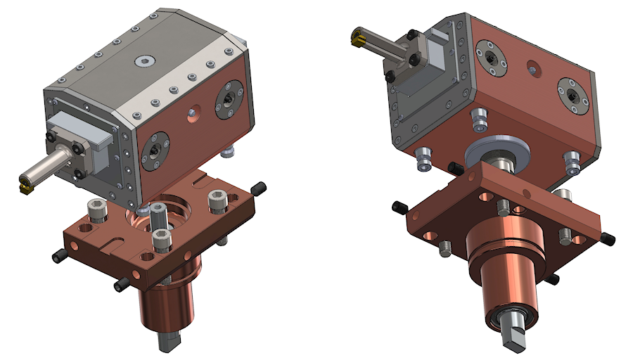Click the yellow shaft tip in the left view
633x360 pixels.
(x=24, y=186)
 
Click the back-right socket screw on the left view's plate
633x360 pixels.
(x=216, y=203)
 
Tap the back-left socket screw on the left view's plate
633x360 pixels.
(x=96, y=209)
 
